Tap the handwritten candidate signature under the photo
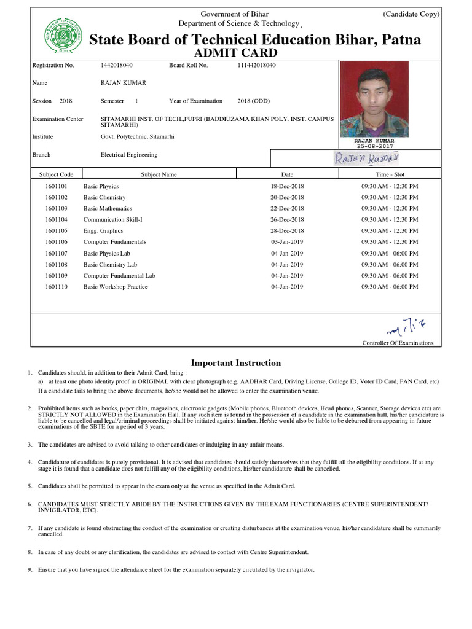click(x=366, y=158)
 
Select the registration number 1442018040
click(x=116, y=65)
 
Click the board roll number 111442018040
click(x=256, y=65)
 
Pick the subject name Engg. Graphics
click(x=103, y=231)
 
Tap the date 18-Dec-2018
click(x=287, y=186)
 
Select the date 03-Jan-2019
click(x=287, y=242)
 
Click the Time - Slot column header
click(x=390, y=174)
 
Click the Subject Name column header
click(x=159, y=174)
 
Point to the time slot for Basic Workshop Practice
click(x=390, y=287)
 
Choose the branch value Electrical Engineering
click(x=129, y=155)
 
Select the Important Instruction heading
click(x=236, y=363)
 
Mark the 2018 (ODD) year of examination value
click(x=253, y=101)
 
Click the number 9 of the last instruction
click(x=29, y=570)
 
